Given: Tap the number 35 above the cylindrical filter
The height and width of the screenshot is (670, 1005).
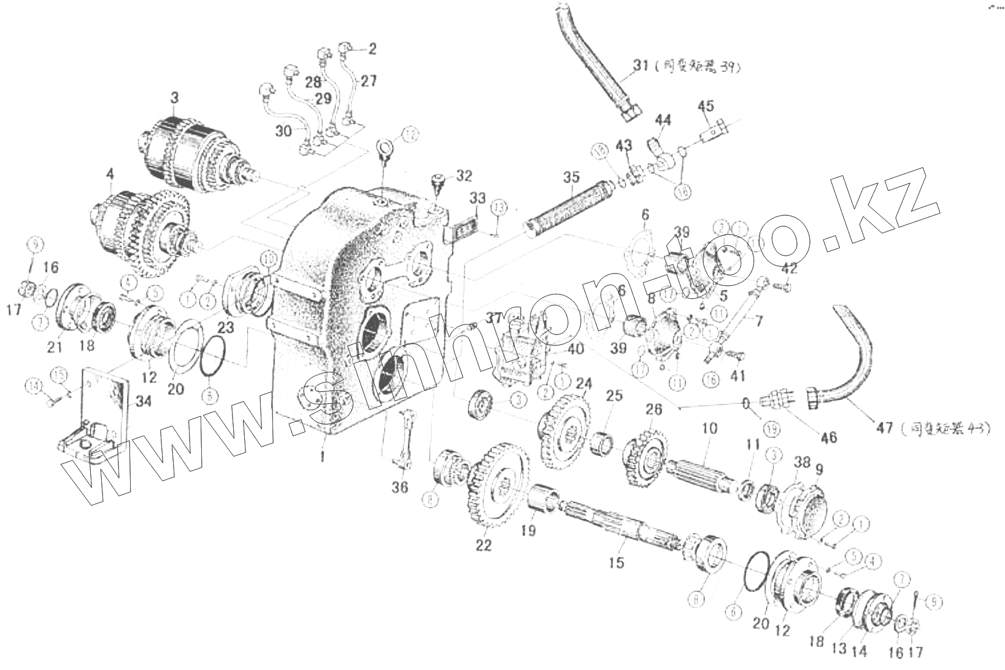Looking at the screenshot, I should [571, 178].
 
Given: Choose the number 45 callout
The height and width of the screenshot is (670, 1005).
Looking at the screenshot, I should [706, 106].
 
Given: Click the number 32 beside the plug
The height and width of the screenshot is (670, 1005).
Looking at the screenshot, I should [464, 175].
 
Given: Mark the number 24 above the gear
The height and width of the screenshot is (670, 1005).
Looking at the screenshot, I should [583, 385].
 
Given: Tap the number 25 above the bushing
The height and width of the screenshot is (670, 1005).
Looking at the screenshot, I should [614, 397].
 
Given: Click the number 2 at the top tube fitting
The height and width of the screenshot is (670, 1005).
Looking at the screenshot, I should [372, 48].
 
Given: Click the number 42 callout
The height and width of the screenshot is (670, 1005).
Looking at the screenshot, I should [790, 268].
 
